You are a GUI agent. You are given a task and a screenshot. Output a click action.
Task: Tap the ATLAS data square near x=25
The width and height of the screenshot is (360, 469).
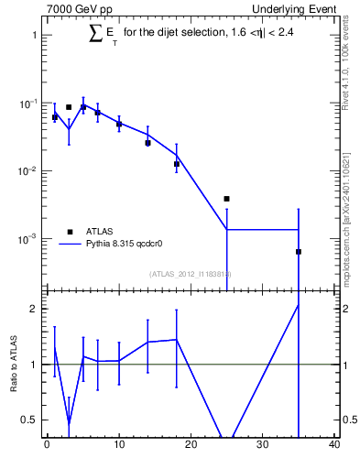[x=226, y=199]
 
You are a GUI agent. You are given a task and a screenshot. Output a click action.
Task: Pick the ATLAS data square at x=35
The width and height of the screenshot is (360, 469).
[x=299, y=252]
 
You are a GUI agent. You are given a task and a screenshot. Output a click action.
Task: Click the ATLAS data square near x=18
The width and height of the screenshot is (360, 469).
[x=176, y=164]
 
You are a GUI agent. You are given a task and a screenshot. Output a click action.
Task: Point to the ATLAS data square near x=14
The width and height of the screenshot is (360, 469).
[x=147, y=143]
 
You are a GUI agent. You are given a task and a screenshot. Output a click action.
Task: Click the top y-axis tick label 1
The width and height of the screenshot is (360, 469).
[x=34, y=36]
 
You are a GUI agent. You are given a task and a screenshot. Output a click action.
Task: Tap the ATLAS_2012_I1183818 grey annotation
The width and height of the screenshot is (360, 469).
[x=191, y=274]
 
